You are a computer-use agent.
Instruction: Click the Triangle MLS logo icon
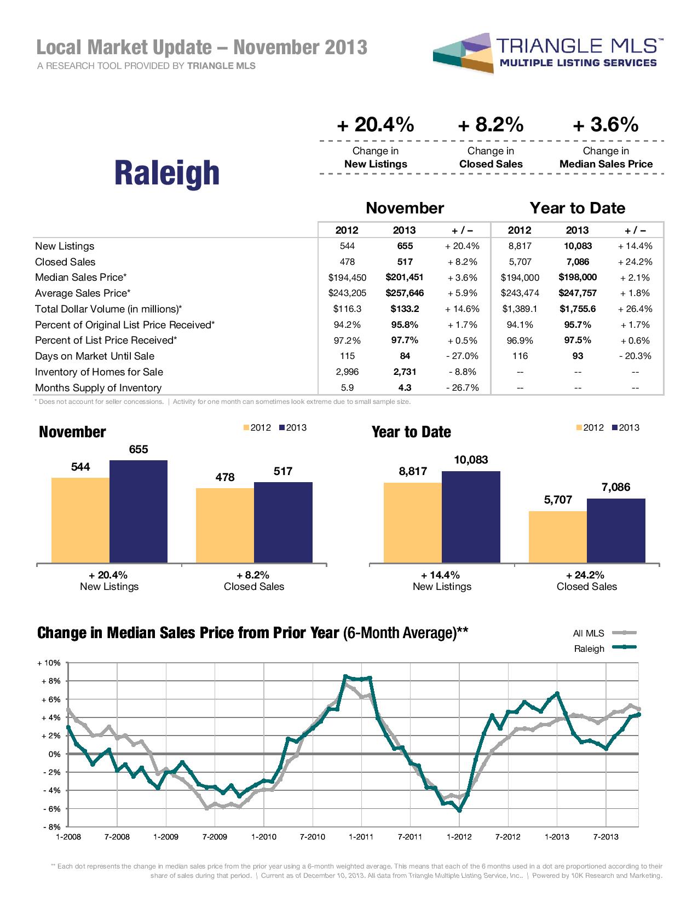(x=462, y=54)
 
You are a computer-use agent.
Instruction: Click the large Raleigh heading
(x=166, y=172)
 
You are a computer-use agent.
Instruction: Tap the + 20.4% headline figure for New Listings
(x=376, y=125)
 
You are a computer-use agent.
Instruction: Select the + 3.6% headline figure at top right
(x=605, y=125)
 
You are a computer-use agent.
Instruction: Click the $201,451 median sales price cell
(x=404, y=277)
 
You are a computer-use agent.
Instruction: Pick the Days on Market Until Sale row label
(x=95, y=356)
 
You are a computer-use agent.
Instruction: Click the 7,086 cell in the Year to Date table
(x=577, y=262)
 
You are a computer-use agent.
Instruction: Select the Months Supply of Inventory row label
(x=98, y=388)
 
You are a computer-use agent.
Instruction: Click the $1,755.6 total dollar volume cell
(x=577, y=309)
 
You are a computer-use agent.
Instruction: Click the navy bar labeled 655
(x=139, y=511)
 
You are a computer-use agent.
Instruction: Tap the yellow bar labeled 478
(x=225, y=525)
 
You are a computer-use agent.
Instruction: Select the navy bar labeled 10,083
(x=471, y=517)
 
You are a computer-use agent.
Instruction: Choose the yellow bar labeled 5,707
(x=557, y=536)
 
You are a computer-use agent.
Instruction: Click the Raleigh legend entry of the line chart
(x=589, y=649)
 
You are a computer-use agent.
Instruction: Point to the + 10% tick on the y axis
(x=49, y=663)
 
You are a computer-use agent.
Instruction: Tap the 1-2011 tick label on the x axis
(x=361, y=837)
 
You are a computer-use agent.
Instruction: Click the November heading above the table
(x=404, y=208)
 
